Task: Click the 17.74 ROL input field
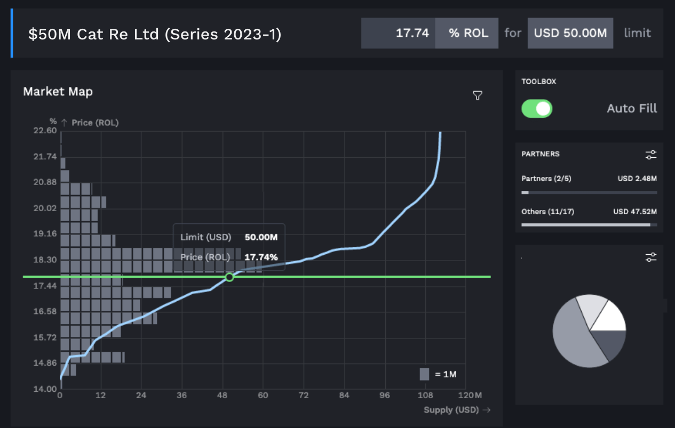[x=399, y=33]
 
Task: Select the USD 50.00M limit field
[x=570, y=33]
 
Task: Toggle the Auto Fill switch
[x=537, y=109]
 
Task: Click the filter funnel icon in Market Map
[x=478, y=95]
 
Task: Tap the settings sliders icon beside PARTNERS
[x=651, y=155]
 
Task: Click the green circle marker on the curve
[x=229, y=277]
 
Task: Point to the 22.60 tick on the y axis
[x=45, y=131]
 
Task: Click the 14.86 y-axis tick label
[x=45, y=363]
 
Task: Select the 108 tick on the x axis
[x=425, y=395]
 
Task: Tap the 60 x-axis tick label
[x=263, y=395]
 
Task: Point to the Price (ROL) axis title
[x=95, y=123]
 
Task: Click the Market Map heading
[x=58, y=92]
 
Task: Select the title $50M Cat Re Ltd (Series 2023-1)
[x=155, y=34]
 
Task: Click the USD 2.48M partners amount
[x=637, y=179]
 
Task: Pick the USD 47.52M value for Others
[x=635, y=212]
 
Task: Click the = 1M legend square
[x=424, y=374]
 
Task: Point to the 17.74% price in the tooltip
[x=261, y=257]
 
